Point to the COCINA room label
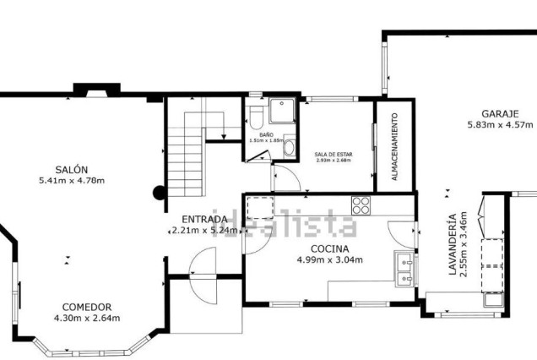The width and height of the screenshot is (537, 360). coord(329,248)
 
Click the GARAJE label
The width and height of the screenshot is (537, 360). coord(501,113)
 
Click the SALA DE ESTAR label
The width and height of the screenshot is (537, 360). coord(332,154)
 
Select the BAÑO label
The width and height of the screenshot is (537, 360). coord(266,135)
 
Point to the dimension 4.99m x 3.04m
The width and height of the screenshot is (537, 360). coord(329,259)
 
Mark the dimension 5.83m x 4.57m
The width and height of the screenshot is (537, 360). coord(501,125)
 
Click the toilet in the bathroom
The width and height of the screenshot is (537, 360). coord(258,114)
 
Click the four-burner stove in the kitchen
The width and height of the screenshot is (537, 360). coord(361,205)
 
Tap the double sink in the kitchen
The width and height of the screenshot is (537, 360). coord(405,267)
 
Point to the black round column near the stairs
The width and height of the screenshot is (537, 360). coord(158,192)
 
